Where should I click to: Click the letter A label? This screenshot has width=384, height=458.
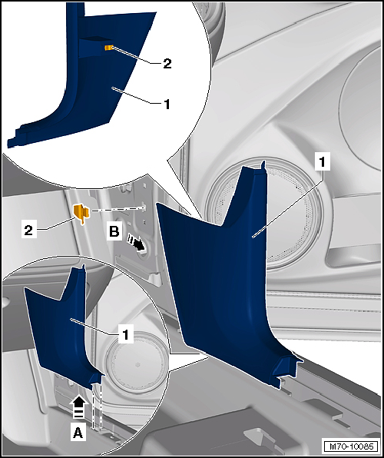(x=78, y=433)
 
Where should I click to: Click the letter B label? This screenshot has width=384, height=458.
(x=114, y=232)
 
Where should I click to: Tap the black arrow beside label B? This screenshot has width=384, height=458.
(x=137, y=244)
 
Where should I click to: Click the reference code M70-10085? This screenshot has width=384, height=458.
(x=351, y=446)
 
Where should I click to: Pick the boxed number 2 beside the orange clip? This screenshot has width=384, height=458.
(x=28, y=231)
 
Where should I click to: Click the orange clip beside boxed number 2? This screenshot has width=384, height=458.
(x=81, y=214)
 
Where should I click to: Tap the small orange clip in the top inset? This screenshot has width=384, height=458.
(x=109, y=48)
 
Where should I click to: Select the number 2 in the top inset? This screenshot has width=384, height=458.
(x=167, y=64)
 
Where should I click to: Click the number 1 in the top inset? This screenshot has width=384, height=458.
(x=167, y=105)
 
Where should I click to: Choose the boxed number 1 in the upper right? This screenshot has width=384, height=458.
(x=322, y=161)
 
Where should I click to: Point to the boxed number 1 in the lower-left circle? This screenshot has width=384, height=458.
(x=125, y=334)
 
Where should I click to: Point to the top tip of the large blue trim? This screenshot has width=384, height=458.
(x=263, y=161)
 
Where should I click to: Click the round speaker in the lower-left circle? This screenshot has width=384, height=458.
(x=136, y=362)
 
